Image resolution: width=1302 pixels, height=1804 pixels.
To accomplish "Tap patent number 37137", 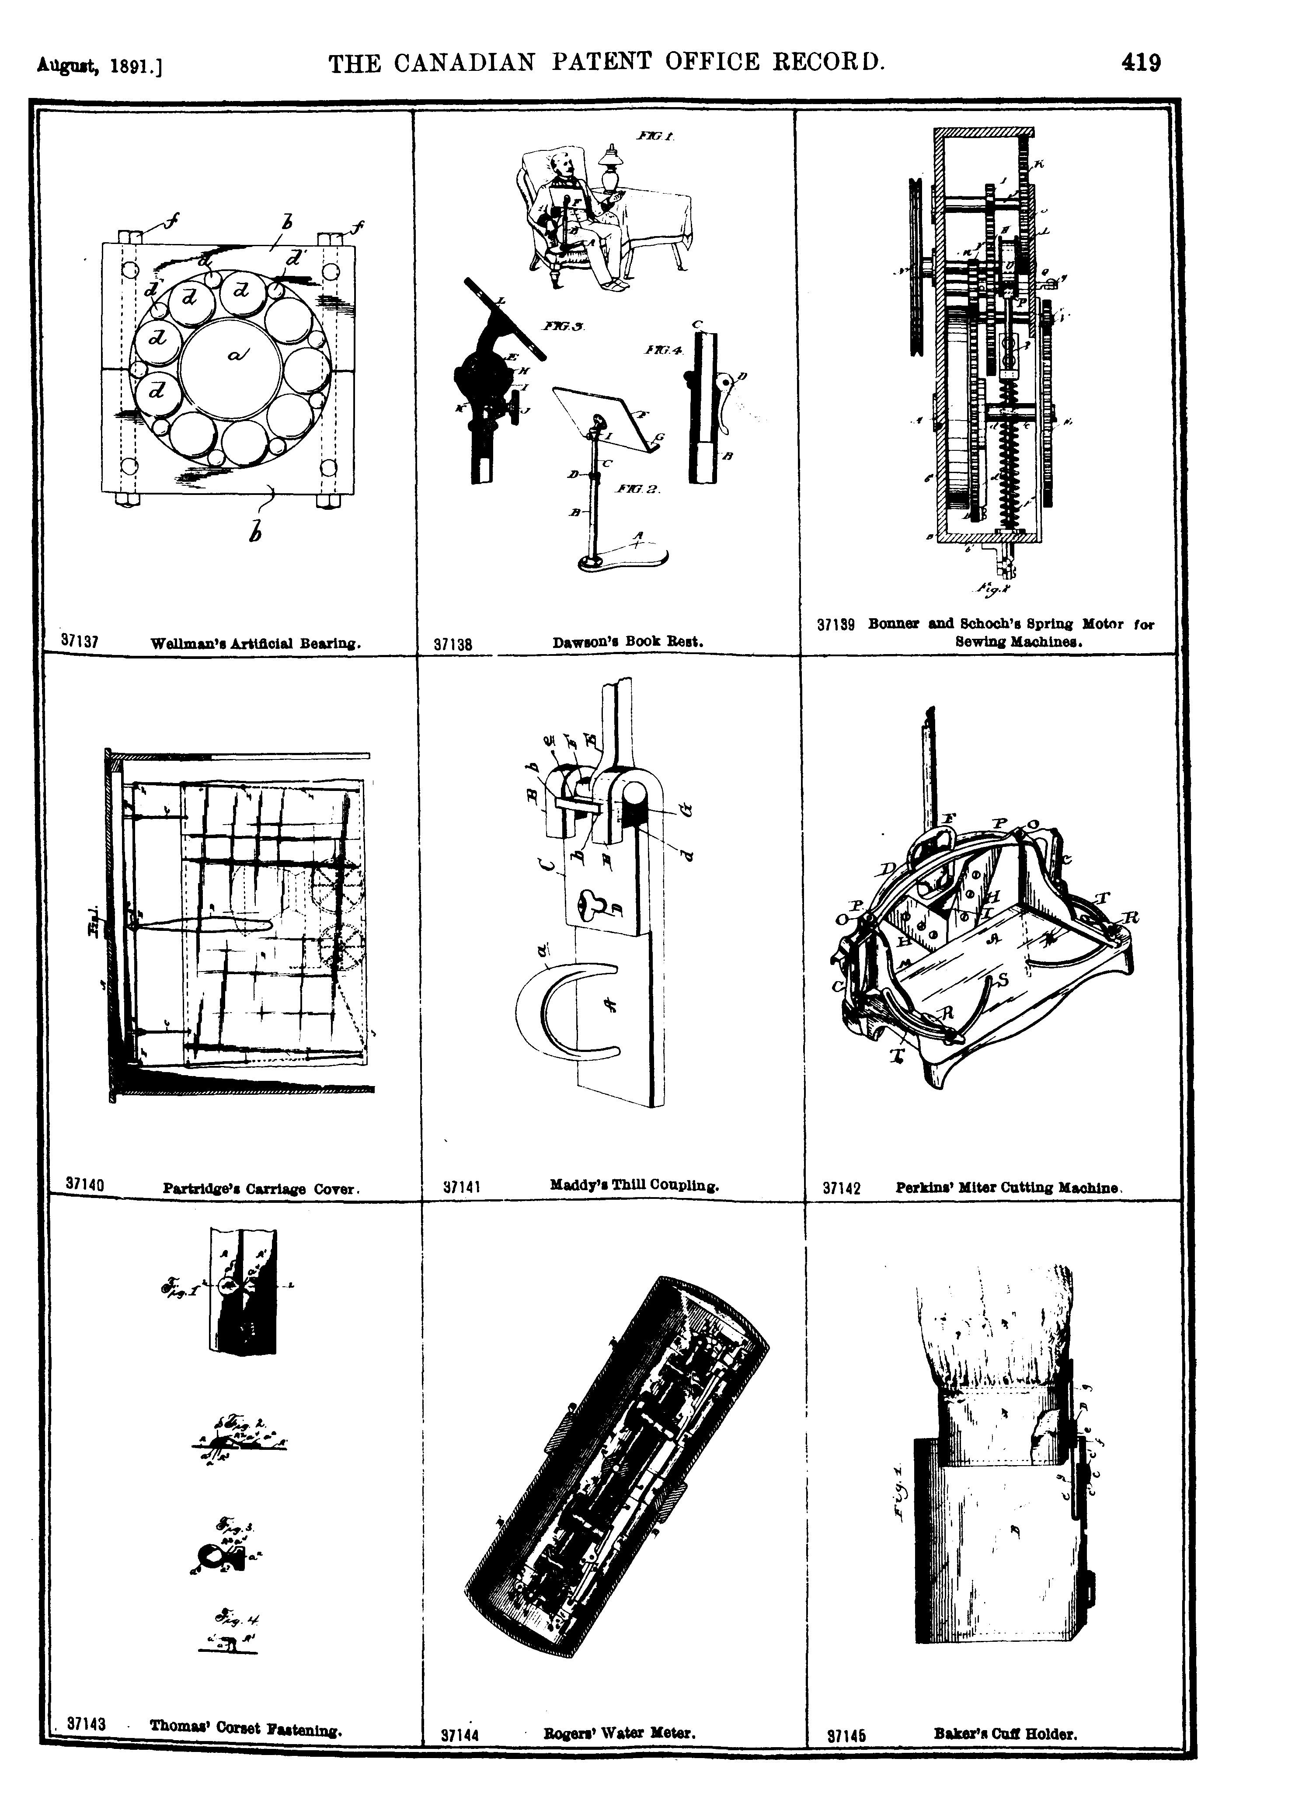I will point(80,640).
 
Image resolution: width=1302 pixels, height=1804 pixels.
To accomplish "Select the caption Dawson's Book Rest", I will point(627,640).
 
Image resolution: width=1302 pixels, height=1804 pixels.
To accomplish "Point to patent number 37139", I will point(835,625).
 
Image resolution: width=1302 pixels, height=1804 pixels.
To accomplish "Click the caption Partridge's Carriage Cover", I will point(262,1189).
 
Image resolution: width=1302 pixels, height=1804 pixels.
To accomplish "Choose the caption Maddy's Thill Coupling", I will point(634,1184).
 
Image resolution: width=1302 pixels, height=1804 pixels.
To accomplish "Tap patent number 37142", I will point(842,1189).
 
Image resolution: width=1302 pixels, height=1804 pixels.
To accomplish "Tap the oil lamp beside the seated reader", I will point(611,169).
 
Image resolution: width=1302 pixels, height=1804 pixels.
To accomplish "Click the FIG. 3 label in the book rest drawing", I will point(565,326).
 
